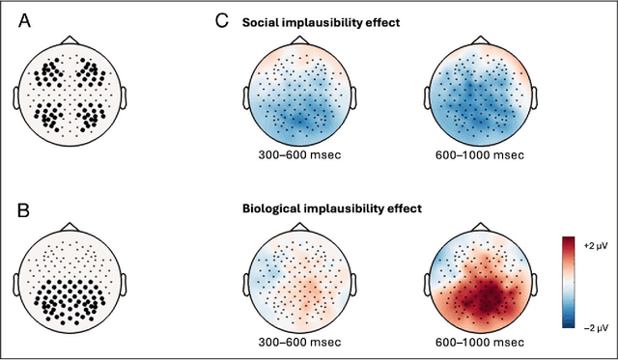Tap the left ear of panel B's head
point(18,283)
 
